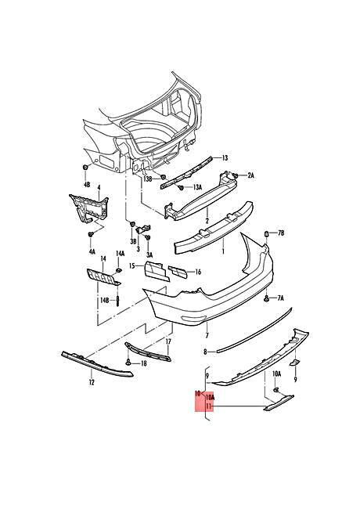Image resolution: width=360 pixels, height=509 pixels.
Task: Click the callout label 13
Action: [225, 158]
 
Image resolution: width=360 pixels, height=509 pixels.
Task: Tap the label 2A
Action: [250, 176]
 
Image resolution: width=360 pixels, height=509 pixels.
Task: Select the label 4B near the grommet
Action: [87, 185]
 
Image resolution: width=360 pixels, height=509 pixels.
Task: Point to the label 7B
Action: [281, 233]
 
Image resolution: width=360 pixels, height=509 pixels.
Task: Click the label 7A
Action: [280, 298]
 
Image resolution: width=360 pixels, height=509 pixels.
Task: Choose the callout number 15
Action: [131, 266]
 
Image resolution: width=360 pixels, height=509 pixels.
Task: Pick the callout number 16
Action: [197, 272]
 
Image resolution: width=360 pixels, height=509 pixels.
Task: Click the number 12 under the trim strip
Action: [92, 382]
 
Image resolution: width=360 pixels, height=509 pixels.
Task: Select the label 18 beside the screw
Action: [143, 363]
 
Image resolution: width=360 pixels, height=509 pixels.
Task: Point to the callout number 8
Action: [205, 352]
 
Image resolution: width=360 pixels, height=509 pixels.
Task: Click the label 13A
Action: [197, 187]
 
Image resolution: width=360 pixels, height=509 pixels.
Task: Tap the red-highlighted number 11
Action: [208, 406]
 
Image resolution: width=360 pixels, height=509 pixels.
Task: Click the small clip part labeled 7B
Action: [267, 233]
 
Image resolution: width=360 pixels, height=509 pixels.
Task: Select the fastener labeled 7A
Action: [266, 298]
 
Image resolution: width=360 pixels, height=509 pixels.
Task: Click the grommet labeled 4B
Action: [85, 167]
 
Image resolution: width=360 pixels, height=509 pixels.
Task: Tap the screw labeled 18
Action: [128, 363]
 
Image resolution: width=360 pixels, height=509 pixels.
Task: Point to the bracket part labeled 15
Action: [157, 271]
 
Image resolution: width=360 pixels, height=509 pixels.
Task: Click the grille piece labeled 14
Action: [103, 278]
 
